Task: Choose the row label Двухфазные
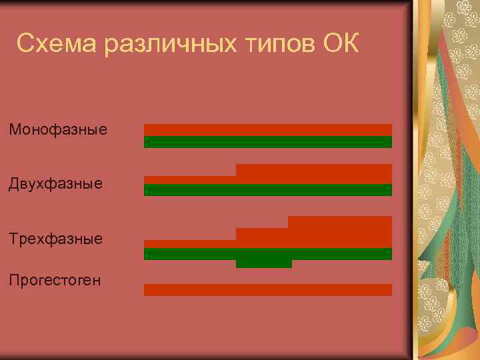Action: pyautogui.click(x=56, y=183)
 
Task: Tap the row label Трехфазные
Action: pyautogui.click(x=56, y=238)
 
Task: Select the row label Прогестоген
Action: pyautogui.click(x=55, y=280)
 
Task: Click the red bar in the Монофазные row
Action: pyautogui.click(x=267, y=130)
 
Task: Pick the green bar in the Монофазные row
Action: pyautogui.click(x=267, y=141)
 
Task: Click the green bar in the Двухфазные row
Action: pyautogui.click(x=267, y=190)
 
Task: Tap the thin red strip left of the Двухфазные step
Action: pyautogui.click(x=190, y=179)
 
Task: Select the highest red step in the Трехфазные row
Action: pyautogui.click(x=339, y=222)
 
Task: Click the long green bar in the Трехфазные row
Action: pyautogui.click(x=267, y=253)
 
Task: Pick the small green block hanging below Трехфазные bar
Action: pyautogui.click(x=263, y=263)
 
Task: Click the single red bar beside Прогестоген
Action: pyautogui.click(x=267, y=289)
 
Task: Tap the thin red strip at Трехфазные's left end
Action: pyautogui.click(x=190, y=243)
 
